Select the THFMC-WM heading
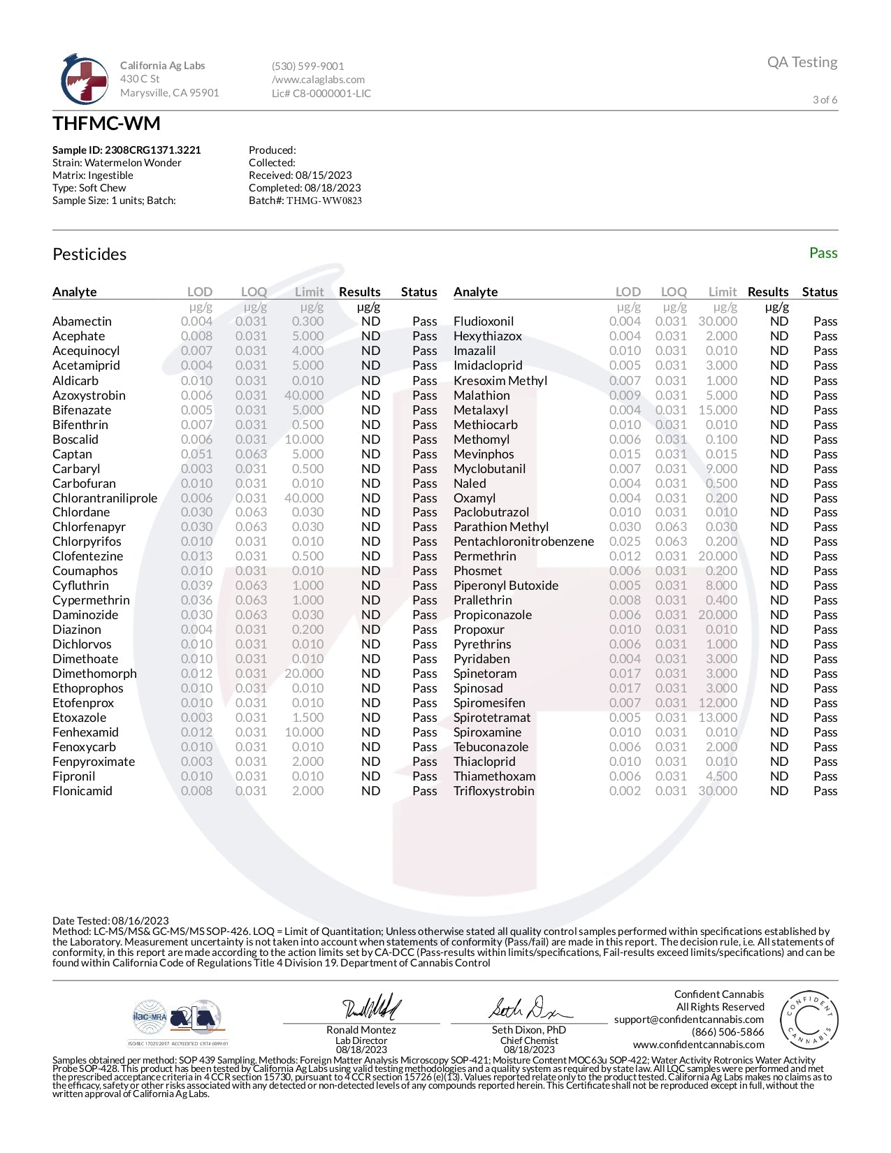pyautogui.click(x=106, y=124)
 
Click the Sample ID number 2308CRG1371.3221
pyautogui.click(x=152, y=150)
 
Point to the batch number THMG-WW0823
pyautogui.click(x=324, y=201)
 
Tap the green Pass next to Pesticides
pyautogui.click(x=823, y=253)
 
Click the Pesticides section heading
pyautogui.click(x=89, y=254)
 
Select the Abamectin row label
pyautogui.click(x=82, y=321)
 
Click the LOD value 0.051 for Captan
pyautogui.click(x=196, y=454)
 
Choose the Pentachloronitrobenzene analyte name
pyautogui.click(x=523, y=542)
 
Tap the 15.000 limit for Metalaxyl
pyautogui.click(x=717, y=410)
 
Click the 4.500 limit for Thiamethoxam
pyautogui.click(x=721, y=776)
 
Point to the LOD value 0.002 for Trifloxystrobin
pyautogui.click(x=624, y=791)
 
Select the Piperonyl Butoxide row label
pyautogui.click(x=505, y=586)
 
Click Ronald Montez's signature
pyautogui.click(x=371, y=1008)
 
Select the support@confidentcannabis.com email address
pyautogui.click(x=688, y=1020)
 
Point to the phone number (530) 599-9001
pyautogui.click(x=307, y=66)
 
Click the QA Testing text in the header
pyautogui.click(x=802, y=62)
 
